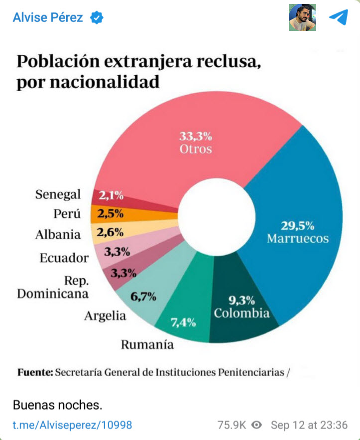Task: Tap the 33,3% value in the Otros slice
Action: [196, 136]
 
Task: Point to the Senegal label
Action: [58, 194]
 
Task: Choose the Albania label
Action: [58, 235]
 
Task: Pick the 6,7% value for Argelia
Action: [143, 297]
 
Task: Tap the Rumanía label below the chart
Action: [147, 345]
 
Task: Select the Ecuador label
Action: [64, 258]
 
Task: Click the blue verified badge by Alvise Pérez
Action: [97, 18]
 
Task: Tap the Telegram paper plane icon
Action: [338, 17]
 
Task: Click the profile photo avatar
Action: [302, 17]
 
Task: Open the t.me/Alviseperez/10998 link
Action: [72, 425]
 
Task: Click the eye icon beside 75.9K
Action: [256, 425]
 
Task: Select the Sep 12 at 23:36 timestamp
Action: [309, 425]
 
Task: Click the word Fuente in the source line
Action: [35, 372]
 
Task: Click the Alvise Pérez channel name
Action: [48, 18]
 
